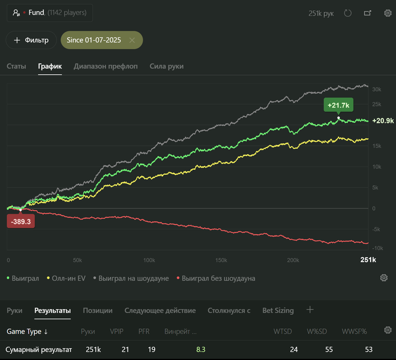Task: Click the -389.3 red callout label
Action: coord(21,221)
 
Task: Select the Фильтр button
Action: coord(31,40)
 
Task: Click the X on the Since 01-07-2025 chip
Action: coord(132,40)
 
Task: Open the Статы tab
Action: coord(16,66)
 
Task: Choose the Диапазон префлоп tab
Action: coord(106,66)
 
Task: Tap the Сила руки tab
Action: coord(166,66)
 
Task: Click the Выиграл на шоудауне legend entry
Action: coord(133,278)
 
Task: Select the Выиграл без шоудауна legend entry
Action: coord(218,278)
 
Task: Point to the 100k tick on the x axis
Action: coord(149,260)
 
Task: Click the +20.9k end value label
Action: coord(383,121)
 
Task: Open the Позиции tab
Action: coord(98,310)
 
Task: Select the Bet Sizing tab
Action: coord(278,310)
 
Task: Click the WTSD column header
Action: coord(282,331)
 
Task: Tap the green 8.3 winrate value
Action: coord(201,350)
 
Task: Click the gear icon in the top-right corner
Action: coord(388,13)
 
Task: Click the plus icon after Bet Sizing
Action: coord(309,310)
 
